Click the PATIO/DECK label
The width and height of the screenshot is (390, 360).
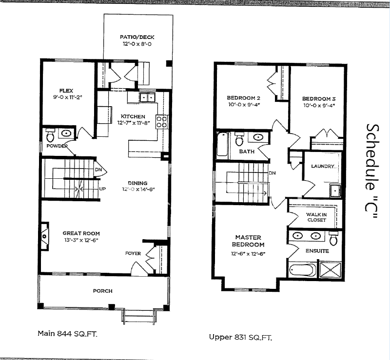137,37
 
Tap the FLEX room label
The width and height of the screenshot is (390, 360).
66,91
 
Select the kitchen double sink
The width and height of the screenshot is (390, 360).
148,97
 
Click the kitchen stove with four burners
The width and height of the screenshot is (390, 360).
161,122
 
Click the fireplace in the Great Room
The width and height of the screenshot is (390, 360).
44,235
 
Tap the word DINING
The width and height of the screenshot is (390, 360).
137,183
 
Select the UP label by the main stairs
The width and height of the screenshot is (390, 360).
102,189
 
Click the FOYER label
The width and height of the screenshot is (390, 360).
133,253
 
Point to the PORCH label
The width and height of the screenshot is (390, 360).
103,291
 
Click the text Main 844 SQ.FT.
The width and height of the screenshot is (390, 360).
67,334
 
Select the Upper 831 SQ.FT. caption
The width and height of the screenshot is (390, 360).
240,338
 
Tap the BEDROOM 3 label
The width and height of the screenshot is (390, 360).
319,98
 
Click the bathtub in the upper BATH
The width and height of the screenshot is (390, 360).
222,145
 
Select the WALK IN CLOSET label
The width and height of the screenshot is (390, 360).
316,217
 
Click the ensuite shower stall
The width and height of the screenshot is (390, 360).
331,269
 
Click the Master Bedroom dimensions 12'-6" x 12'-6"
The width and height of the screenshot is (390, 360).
248,254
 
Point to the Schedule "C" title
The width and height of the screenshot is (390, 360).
372,171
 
